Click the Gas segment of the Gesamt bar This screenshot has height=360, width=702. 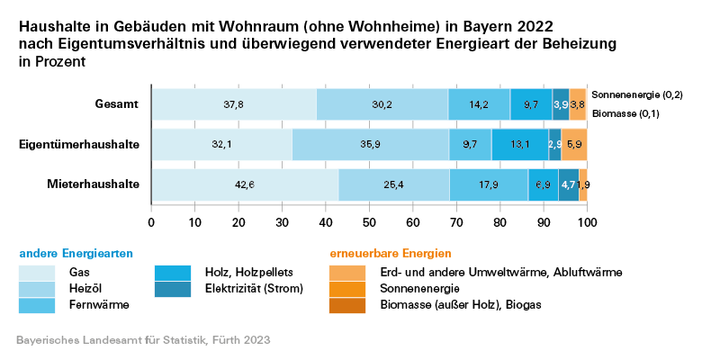(233, 104)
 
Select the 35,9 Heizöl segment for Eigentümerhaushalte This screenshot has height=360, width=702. (370, 144)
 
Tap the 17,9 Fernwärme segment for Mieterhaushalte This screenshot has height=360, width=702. (488, 184)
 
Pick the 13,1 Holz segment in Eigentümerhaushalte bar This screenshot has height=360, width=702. (519, 144)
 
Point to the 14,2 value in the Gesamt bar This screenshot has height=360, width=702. (478, 104)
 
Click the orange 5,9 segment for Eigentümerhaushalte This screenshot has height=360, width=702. (574, 144)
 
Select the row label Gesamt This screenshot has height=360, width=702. (117, 104)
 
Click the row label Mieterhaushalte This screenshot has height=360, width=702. (93, 184)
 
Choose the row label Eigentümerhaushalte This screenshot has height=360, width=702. (80, 144)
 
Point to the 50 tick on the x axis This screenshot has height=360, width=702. (369, 221)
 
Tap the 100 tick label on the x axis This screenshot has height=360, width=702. (587, 221)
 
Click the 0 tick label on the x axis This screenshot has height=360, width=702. (151, 221)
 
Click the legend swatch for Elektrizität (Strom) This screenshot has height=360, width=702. (173, 288)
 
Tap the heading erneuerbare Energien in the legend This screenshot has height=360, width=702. (391, 254)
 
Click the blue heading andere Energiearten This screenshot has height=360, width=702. (70, 254)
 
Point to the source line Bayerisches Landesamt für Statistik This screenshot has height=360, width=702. (143, 341)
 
